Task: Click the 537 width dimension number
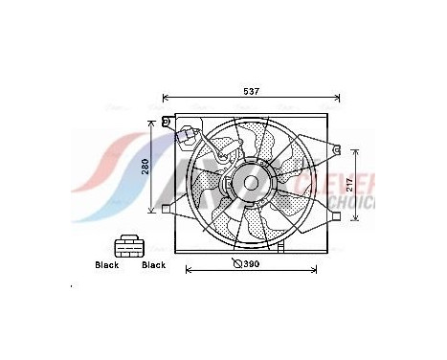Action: [x=251, y=91]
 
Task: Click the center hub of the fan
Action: [x=253, y=181]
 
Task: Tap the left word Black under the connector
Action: [x=106, y=265]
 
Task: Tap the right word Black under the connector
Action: [x=153, y=265]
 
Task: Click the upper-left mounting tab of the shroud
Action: [x=168, y=123]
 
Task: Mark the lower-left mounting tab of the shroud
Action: [x=167, y=208]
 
